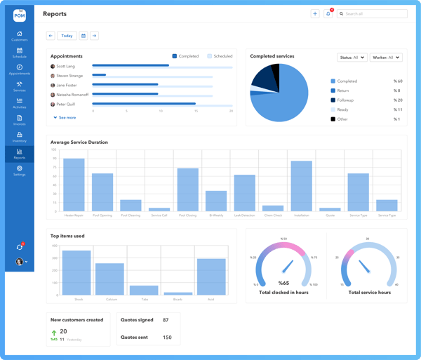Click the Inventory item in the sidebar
coord(19,137)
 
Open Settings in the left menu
coord(19,171)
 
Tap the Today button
coord(67,36)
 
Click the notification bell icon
coord(328,13)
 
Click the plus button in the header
coord(315,13)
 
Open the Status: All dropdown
coord(352,58)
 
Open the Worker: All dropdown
coord(386,58)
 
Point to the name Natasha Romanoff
coord(72,95)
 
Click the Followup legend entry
coord(347,100)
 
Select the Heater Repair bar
coord(74,185)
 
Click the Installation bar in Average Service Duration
coord(301,186)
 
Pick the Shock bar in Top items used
coord(76,272)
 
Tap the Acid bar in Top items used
coord(211,276)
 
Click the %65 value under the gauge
coord(283,283)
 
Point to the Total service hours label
coord(369,293)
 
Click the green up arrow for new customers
coord(54,333)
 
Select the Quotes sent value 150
coord(167,338)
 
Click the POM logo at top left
coord(19,15)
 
